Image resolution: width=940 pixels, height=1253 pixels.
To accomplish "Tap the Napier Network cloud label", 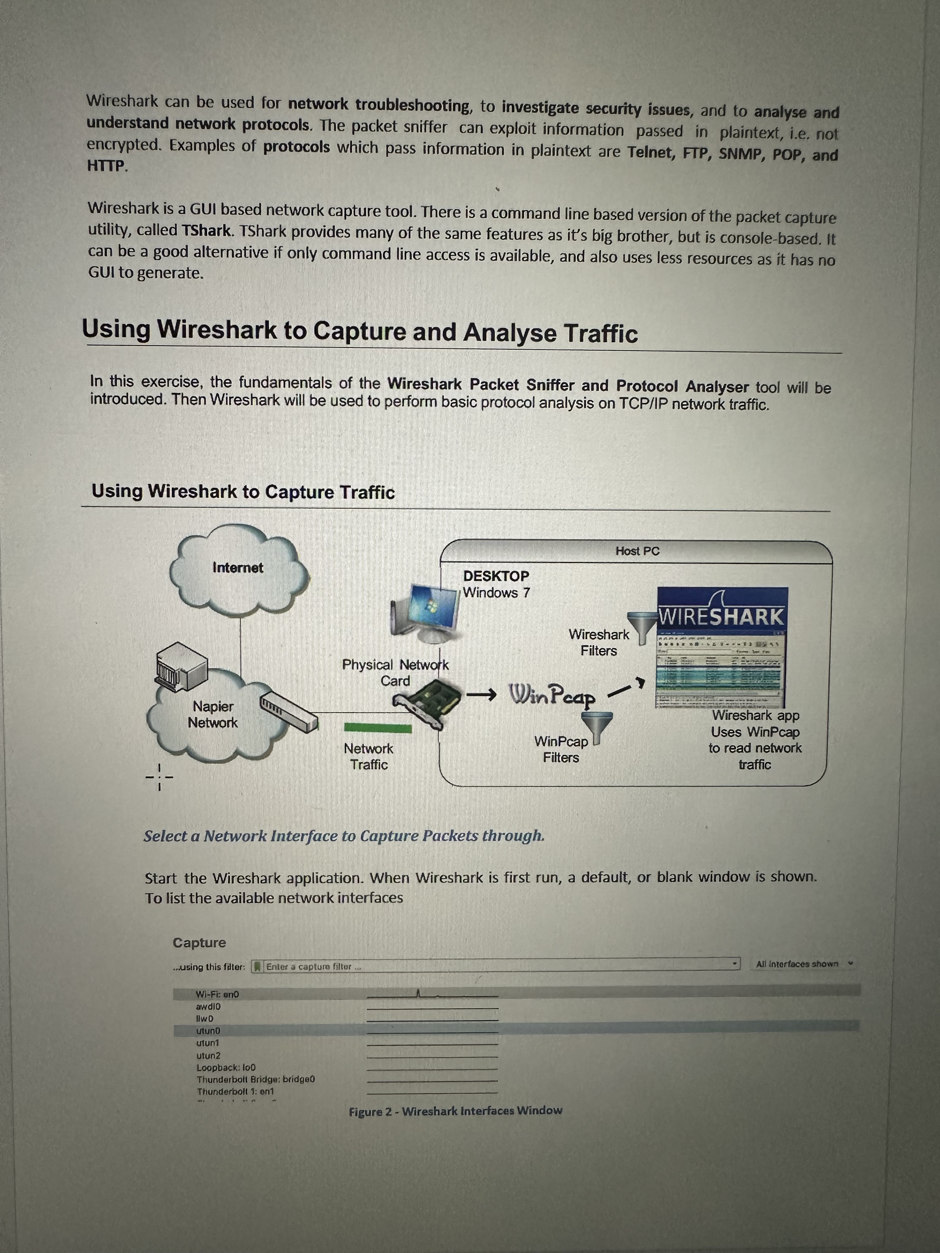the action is tap(213, 714).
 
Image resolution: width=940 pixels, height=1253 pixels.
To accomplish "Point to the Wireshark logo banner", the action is tap(722, 615).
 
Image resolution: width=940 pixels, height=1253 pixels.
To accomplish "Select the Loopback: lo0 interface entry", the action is tap(225, 1067).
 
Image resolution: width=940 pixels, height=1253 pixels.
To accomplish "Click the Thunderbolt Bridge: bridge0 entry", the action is tap(256, 1079).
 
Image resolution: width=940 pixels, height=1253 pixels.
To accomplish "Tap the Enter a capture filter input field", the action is tap(499, 966).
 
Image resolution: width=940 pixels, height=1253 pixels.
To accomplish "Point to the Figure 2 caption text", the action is tap(456, 1111).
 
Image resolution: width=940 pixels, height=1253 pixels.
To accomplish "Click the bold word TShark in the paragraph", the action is tap(206, 231).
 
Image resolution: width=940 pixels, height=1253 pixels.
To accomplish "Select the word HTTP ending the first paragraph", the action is tap(106, 166).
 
